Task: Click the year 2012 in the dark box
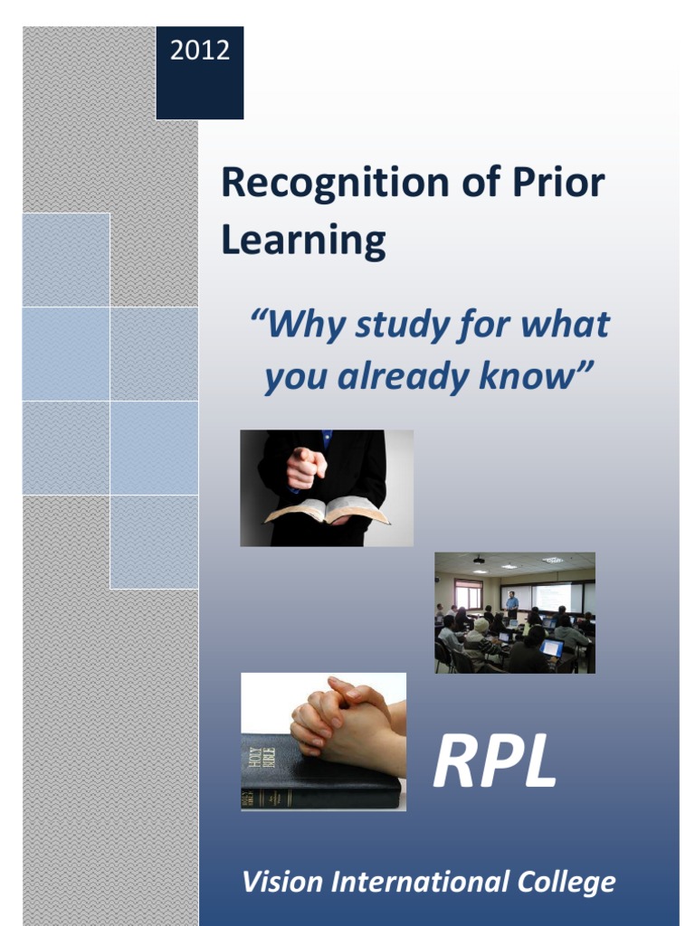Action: click(200, 51)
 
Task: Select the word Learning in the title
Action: click(303, 241)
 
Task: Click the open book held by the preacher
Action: click(326, 512)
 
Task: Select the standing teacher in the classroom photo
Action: click(512, 605)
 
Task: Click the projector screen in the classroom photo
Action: click(552, 596)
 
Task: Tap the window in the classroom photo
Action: click(468, 594)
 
